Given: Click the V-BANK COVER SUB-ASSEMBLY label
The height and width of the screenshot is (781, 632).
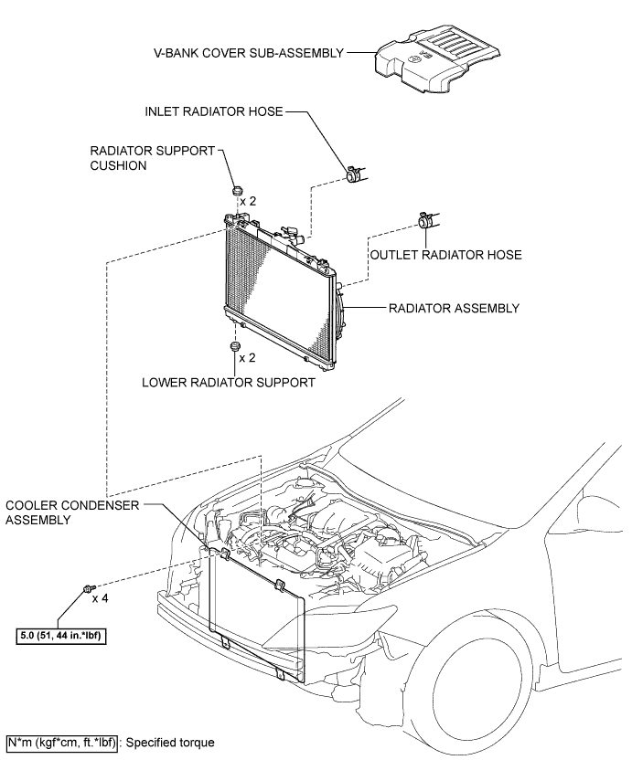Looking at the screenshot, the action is coord(249,53).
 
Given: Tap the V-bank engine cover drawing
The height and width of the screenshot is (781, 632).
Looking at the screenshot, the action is coord(437,59).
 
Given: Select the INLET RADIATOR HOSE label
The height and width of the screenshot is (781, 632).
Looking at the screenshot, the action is coord(213,111).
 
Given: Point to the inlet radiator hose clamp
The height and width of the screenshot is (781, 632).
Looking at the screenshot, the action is coord(356,174).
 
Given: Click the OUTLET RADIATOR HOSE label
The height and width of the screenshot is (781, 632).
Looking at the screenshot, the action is coord(446,255).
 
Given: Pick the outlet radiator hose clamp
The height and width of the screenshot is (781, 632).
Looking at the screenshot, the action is coord(426,219).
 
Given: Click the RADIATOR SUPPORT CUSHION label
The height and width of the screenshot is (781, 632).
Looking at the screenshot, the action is coord(153,158).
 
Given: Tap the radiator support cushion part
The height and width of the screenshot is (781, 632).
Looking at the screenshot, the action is coord(237,191).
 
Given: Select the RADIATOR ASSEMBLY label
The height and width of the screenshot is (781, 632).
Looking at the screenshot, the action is coord(454,309).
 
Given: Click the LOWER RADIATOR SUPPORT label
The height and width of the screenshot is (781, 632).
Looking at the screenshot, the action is coord(229,383).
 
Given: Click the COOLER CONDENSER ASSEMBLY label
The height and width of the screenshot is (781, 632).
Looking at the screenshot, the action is coord(72,512).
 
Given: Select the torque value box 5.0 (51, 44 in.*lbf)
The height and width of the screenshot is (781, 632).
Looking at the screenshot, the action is coord(62,636).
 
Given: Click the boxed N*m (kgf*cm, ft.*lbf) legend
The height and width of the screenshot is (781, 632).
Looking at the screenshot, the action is coord(62,743).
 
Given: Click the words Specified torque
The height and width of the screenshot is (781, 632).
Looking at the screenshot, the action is coord(170,743).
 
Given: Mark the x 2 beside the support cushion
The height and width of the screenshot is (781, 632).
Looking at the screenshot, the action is coord(248,201).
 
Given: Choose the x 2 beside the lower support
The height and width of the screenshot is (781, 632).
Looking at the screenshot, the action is coord(247,358).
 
